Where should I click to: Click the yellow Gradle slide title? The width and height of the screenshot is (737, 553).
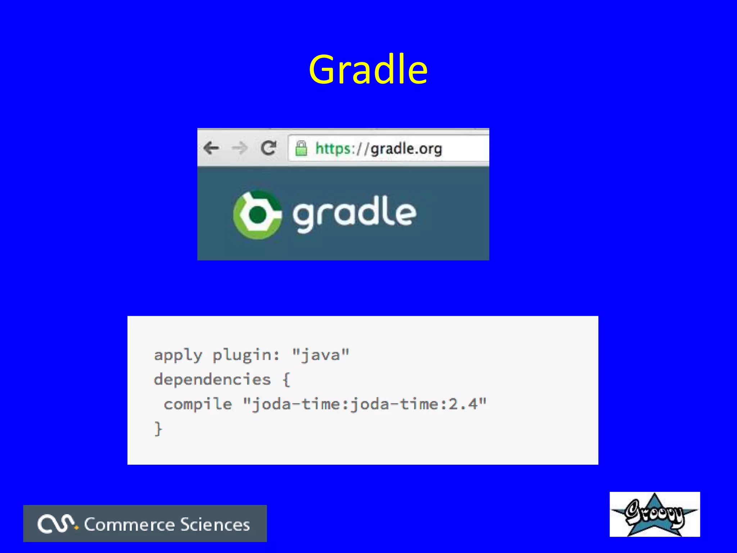coord(368,69)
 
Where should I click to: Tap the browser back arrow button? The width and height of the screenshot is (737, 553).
coord(211,148)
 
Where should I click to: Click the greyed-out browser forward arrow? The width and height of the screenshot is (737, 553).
coord(239,148)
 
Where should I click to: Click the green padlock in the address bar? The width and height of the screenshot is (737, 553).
coord(301,148)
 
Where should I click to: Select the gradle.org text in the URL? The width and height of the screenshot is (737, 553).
coord(406,148)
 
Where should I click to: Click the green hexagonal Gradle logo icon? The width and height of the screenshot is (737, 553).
coord(257,215)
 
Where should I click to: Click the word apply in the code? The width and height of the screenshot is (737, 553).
coord(178,355)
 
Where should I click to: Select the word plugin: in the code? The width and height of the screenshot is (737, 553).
coord(246,355)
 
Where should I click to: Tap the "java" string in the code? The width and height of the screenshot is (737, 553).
coord(320,355)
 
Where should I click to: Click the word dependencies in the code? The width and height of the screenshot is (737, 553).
coord(212,379)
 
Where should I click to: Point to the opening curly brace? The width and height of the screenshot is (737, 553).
coord(286,380)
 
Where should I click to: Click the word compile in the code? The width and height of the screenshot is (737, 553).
coord(198,404)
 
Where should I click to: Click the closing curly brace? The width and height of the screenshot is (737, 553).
coord(158,429)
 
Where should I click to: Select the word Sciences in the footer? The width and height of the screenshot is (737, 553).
coord(215,525)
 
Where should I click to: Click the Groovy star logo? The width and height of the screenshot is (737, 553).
coord(655,514)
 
